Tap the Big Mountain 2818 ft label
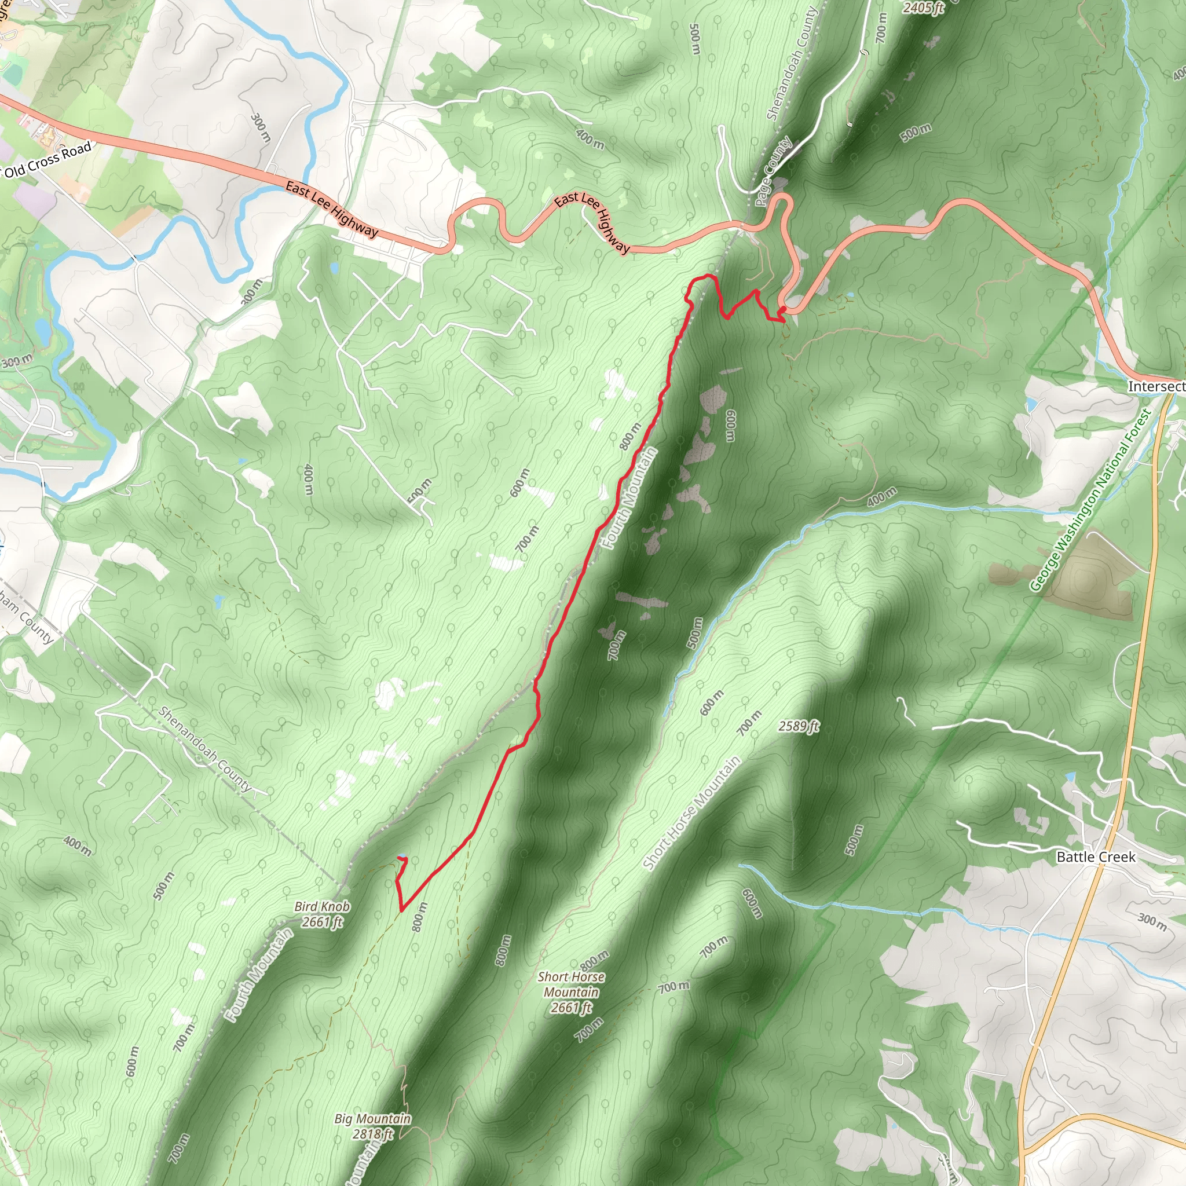tap(372, 1126)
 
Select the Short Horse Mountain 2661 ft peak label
tap(571, 993)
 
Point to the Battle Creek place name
tap(1096, 857)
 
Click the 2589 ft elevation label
tap(799, 726)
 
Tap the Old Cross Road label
tap(48, 160)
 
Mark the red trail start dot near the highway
tap(783, 309)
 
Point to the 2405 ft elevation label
tap(923, 8)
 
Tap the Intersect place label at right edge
tap(1156, 386)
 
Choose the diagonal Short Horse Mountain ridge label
tap(692, 812)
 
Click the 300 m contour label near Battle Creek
tap(1152, 921)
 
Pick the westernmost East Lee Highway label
tap(331, 208)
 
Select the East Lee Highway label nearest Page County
tap(592, 222)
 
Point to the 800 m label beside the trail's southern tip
tap(419, 917)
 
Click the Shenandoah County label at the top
tap(792, 63)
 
